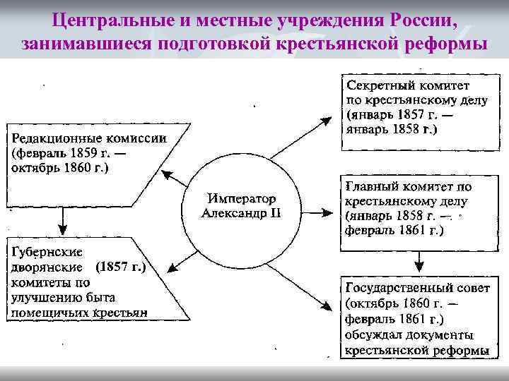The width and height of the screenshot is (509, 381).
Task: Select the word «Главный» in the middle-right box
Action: [x=372, y=187]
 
